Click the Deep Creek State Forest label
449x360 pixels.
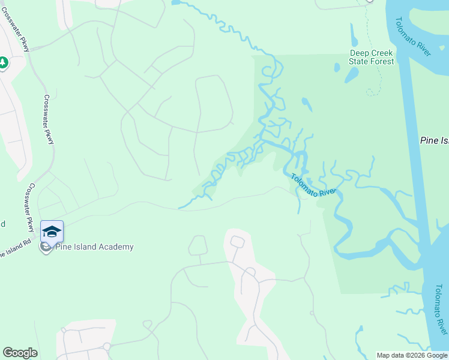372,57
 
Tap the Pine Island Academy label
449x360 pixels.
94,247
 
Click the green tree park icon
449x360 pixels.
3,62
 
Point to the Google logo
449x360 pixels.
20,353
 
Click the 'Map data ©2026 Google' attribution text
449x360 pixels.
412,355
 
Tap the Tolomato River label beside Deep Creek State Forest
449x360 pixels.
412,36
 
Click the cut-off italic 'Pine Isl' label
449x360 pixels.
434,140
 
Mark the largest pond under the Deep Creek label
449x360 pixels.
351,75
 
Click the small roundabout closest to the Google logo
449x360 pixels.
107,346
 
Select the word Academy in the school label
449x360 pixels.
117,247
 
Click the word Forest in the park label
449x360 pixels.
382,61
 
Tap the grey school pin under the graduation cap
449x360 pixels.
45,247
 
